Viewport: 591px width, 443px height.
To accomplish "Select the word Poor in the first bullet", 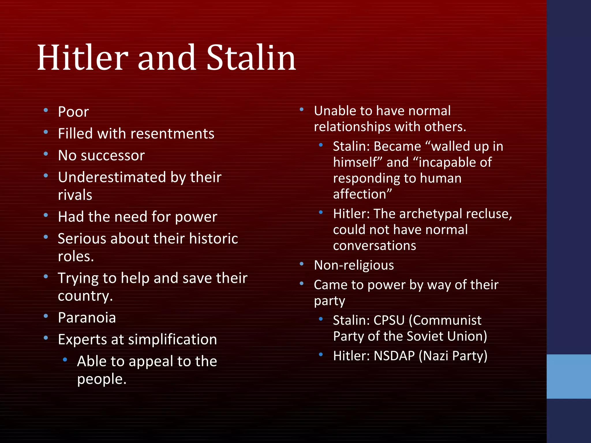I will tap(73, 112).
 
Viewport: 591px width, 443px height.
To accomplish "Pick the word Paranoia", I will tap(87, 318).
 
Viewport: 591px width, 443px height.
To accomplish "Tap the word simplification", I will tap(172, 340).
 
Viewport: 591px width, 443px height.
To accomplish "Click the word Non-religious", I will tap(354, 265).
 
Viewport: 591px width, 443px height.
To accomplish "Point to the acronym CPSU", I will tap(389, 320).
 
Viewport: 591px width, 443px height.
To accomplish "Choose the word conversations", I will tap(374, 246).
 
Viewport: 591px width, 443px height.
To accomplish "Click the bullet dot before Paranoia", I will tap(46, 316).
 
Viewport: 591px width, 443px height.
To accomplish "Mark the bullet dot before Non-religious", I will tap(302, 264).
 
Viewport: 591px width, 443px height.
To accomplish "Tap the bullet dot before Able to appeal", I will tap(65, 360).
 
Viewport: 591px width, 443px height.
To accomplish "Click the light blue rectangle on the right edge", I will tap(568, 376).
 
